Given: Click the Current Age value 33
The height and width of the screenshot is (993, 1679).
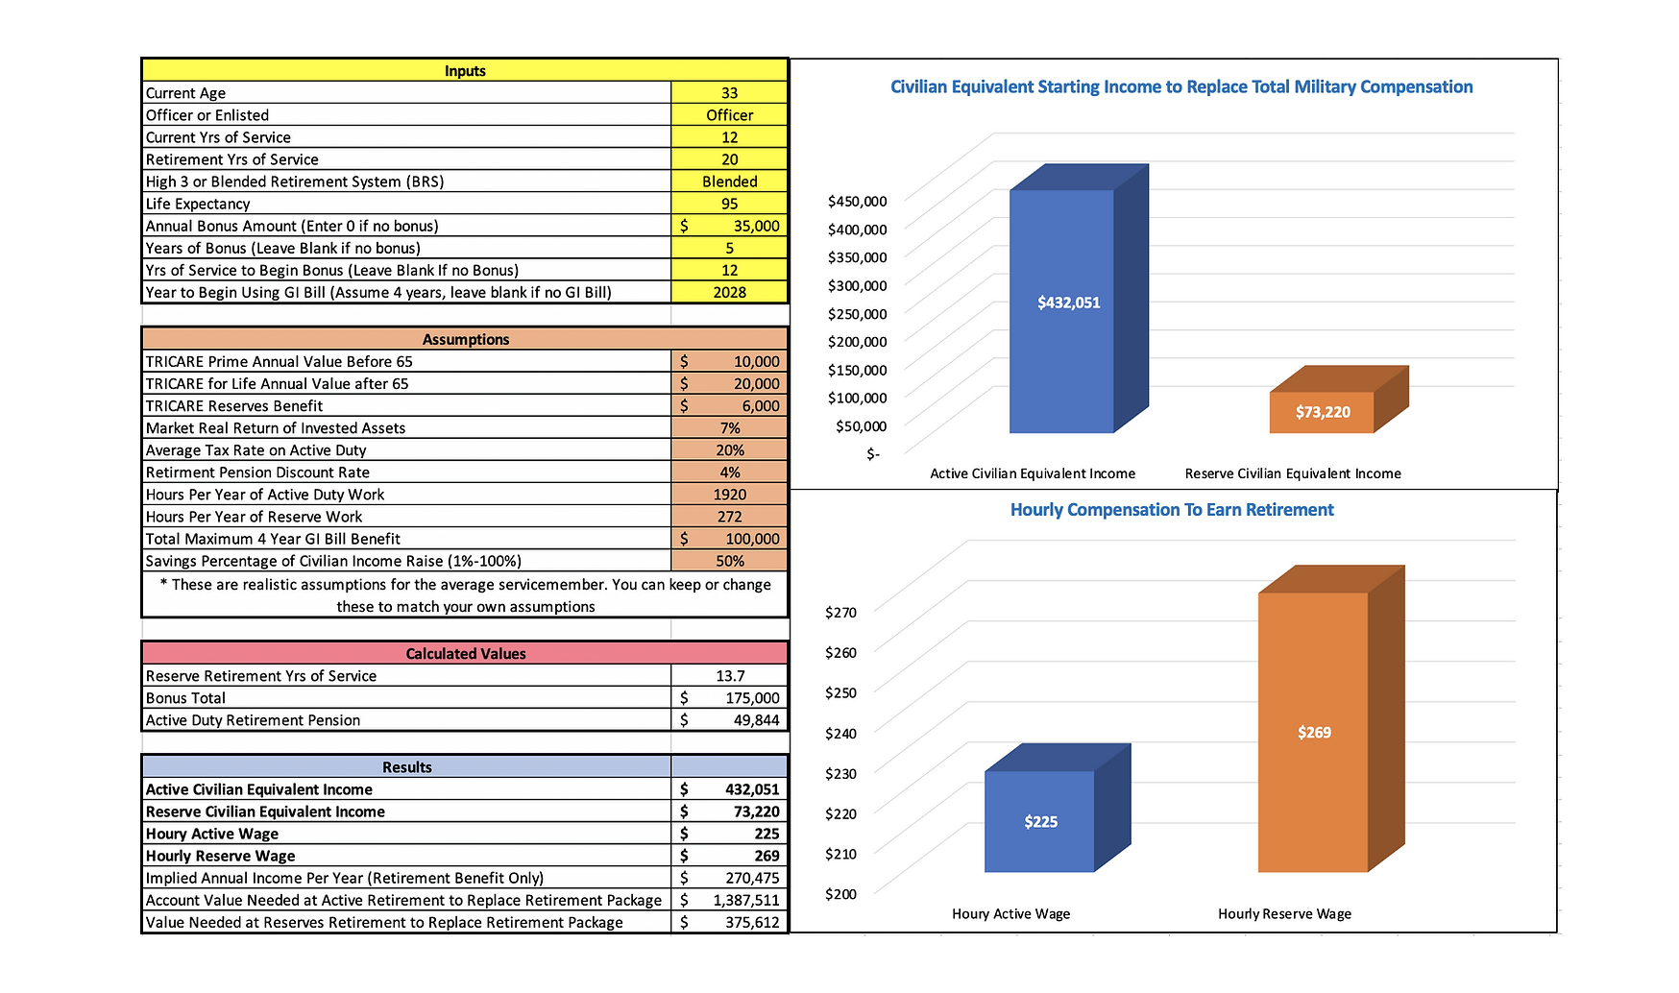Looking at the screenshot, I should pyautogui.click(x=729, y=93).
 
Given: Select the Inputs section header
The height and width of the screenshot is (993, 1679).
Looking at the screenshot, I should pyautogui.click(x=465, y=71).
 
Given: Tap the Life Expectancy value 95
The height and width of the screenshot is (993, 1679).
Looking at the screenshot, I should pyautogui.click(x=729, y=204).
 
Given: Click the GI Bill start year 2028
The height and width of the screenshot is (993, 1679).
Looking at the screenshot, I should pyautogui.click(x=729, y=292).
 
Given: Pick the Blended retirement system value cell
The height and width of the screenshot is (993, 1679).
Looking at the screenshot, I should pyautogui.click(x=729, y=182).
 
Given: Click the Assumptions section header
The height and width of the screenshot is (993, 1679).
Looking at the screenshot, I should pyautogui.click(x=465, y=339).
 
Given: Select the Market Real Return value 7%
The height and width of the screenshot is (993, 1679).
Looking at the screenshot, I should pyautogui.click(x=729, y=428).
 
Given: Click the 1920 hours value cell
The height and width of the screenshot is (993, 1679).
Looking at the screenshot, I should pyautogui.click(x=729, y=495).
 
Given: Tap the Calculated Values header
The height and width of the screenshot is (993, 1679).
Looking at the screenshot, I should pyautogui.click(x=465, y=654).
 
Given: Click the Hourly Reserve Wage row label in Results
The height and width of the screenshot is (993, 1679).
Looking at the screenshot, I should pyautogui.click(x=221, y=856).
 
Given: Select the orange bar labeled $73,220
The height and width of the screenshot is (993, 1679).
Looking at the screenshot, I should pyautogui.click(x=1322, y=412).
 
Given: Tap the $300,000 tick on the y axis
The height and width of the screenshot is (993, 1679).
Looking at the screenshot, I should pyautogui.click(x=857, y=285).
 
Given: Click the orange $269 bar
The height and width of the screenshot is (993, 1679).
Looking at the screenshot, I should pyautogui.click(x=1313, y=732).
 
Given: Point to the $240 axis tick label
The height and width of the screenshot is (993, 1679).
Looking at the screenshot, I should pyautogui.click(x=840, y=734).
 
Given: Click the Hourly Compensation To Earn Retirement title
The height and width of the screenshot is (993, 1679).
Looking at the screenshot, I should pyautogui.click(x=1171, y=510).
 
